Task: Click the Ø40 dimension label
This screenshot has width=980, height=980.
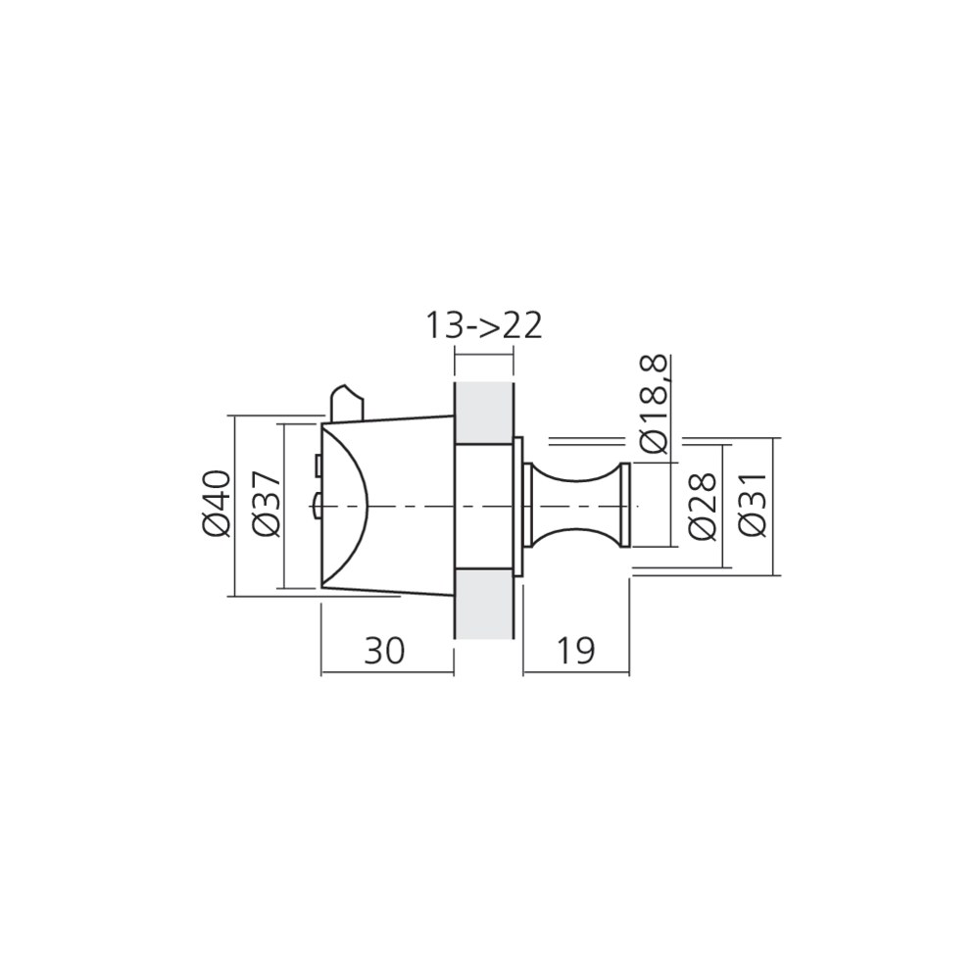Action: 217,503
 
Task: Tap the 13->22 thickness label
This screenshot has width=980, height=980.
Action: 484,325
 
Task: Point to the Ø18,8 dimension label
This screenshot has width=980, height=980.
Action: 655,405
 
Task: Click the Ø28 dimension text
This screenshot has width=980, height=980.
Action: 702,507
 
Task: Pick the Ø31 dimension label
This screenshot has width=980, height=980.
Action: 752,505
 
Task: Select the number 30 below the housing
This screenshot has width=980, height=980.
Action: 385,651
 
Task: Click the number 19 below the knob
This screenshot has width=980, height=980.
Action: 575,651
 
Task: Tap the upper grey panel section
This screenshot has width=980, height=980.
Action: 484,413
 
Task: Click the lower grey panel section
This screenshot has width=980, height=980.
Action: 484,604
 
